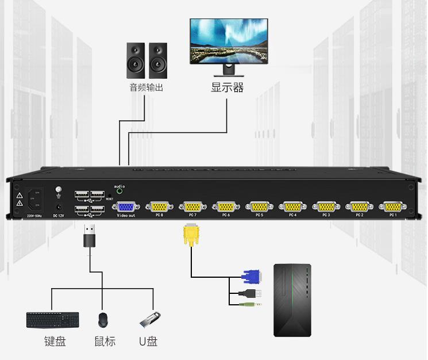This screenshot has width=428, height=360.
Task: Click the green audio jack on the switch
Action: (x=119, y=193)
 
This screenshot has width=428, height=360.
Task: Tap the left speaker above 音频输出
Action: (x=136, y=60)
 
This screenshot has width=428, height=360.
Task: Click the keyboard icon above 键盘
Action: (x=53, y=320)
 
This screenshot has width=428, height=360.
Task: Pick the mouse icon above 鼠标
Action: (x=103, y=320)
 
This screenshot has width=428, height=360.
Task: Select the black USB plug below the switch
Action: (x=90, y=236)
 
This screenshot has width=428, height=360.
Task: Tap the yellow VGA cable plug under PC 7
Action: (x=190, y=235)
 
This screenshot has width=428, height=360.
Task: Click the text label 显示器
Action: (x=227, y=88)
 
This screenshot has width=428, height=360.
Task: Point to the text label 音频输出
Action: (x=146, y=88)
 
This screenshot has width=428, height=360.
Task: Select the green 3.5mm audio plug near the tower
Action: (x=252, y=304)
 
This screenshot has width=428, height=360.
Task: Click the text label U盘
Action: (x=148, y=342)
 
